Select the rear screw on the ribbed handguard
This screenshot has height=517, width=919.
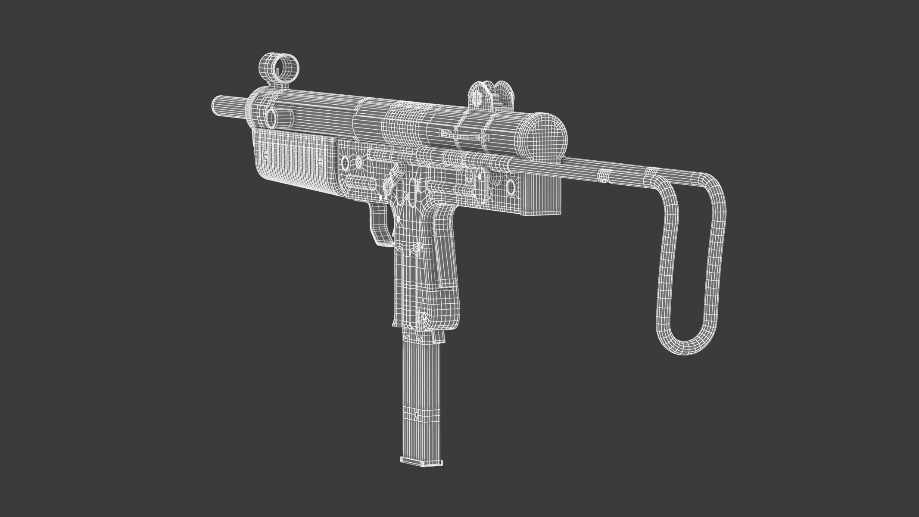(321, 160)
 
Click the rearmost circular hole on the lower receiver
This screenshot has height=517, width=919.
(511, 187)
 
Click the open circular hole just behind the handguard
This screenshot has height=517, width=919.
(345, 162)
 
